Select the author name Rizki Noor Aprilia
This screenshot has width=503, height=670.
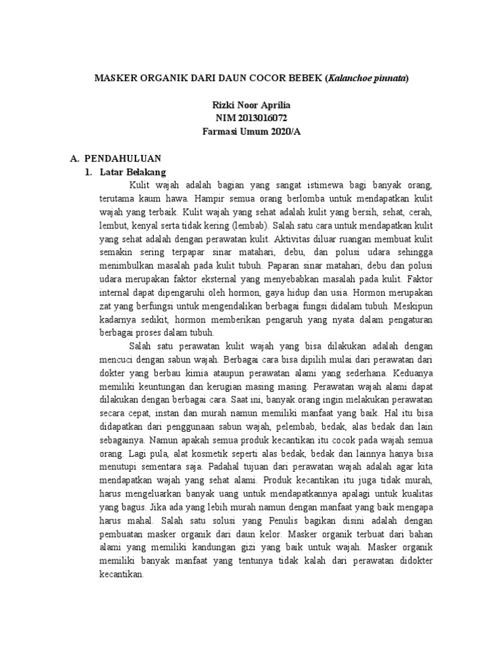tap(251, 105)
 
